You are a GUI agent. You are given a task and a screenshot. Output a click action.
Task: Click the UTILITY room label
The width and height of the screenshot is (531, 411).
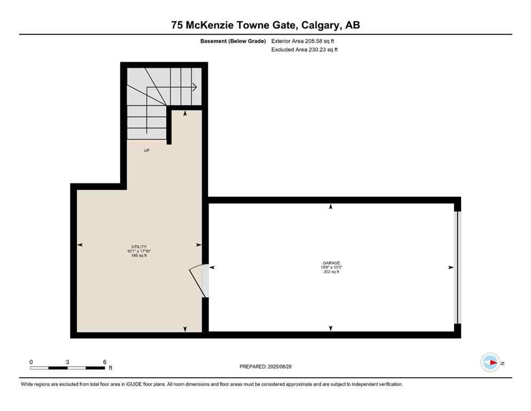pyautogui.click(x=136, y=246)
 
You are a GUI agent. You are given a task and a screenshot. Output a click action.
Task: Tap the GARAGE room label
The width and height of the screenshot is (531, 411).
pyautogui.click(x=332, y=263)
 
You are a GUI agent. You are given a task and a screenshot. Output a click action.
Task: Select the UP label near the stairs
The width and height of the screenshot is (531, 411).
pyautogui.click(x=147, y=150)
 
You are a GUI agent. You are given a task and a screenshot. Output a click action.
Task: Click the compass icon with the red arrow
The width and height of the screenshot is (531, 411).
pyautogui.click(x=490, y=363)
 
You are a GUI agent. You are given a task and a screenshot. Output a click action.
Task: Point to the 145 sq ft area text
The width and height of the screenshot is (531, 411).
pyautogui.click(x=136, y=256)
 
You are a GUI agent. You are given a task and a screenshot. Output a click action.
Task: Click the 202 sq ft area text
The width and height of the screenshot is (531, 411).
pyautogui.click(x=332, y=272)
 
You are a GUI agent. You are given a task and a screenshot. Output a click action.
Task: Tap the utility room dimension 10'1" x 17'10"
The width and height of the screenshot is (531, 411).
pyautogui.click(x=136, y=251)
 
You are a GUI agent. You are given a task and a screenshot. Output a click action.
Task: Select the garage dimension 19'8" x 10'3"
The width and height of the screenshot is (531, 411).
pyautogui.click(x=332, y=268)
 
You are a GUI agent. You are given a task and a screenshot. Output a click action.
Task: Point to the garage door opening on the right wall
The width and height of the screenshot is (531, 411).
pyautogui.click(x=456, y=268)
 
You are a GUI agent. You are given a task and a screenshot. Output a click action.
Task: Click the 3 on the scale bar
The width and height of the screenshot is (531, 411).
pyautogui.click(x=67, y=362)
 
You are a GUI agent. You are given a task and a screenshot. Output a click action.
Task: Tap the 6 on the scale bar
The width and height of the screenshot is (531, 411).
pyautogui.click(x=104, y=362)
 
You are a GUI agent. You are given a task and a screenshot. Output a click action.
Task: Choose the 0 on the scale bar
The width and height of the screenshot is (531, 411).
pyautogui.click(x=31, y=362)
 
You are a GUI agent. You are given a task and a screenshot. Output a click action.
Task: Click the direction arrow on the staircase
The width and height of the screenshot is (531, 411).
pyautogui.click(x=193, y=87)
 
